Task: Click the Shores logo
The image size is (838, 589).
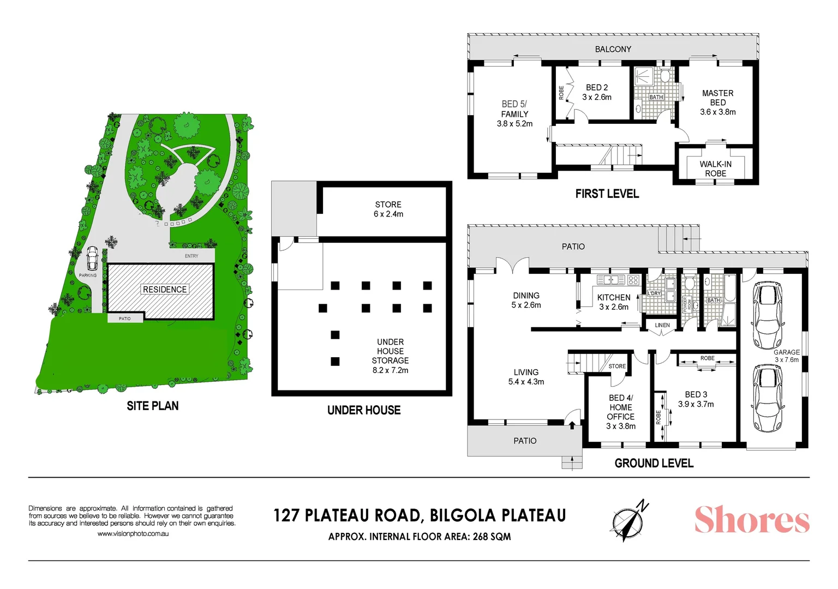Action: pos(751,520)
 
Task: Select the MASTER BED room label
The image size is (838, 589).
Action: pos(717,98)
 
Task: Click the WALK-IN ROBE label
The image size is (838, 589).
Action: pos(715,169)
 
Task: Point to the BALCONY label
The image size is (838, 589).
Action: pos(613,49)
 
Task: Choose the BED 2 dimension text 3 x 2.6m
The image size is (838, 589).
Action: pos(596,97)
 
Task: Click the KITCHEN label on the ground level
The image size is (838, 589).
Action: pos(614,297)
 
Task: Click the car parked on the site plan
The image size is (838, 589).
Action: pos(92,258)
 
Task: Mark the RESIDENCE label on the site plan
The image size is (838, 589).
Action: pos(165,290)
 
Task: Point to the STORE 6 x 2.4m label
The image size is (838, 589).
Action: pos(388,209)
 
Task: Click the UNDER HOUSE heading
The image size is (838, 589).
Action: pos(364,410)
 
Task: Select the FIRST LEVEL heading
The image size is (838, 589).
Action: pos(607,194)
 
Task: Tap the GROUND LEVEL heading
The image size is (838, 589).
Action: pos(654,463)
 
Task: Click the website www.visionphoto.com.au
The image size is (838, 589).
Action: pos(133,534)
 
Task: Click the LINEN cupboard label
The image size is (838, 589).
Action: pos(662,325)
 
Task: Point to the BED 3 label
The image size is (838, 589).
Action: pos(696,394)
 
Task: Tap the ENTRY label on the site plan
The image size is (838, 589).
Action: pos(191,256)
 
